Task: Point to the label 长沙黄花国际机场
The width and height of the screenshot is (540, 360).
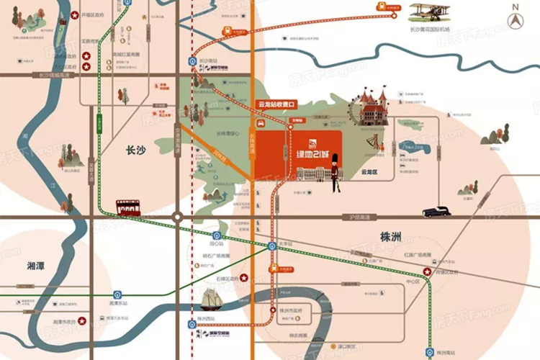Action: point(430,30)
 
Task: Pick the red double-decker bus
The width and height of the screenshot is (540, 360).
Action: point(130,210)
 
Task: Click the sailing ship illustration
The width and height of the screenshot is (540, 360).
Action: point(216,297)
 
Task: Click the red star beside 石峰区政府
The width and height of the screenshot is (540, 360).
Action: point(243,277)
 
